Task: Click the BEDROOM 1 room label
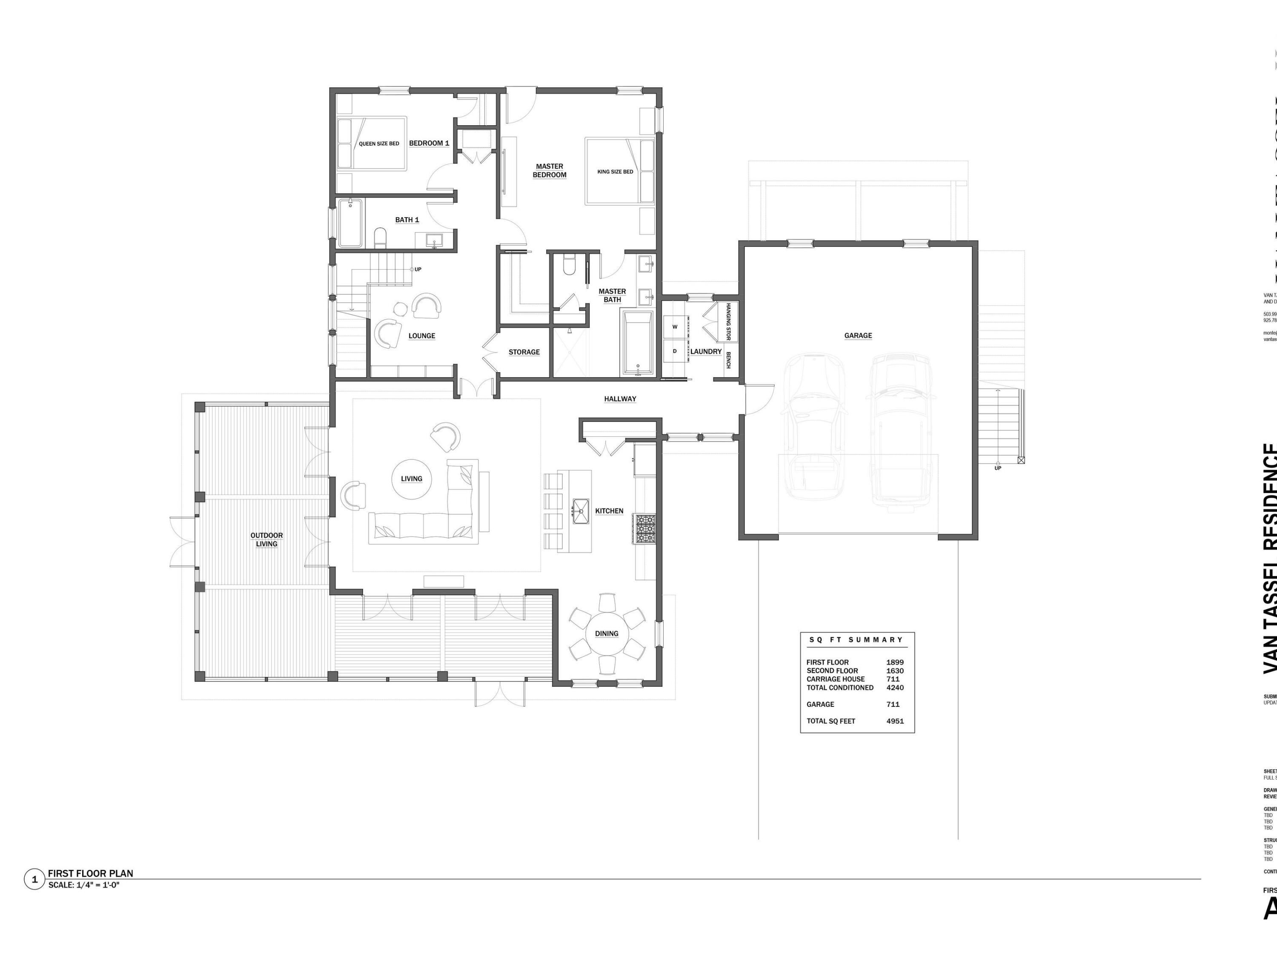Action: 429,143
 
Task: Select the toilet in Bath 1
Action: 380,238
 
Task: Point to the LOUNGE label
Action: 421,336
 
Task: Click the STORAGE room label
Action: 524,352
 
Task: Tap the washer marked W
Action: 674,327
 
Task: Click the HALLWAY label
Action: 620,399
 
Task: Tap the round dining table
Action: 607,634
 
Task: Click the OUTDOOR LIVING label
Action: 267,539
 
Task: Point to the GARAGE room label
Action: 858,336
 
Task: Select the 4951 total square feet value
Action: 895,721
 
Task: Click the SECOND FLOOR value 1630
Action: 895,671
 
